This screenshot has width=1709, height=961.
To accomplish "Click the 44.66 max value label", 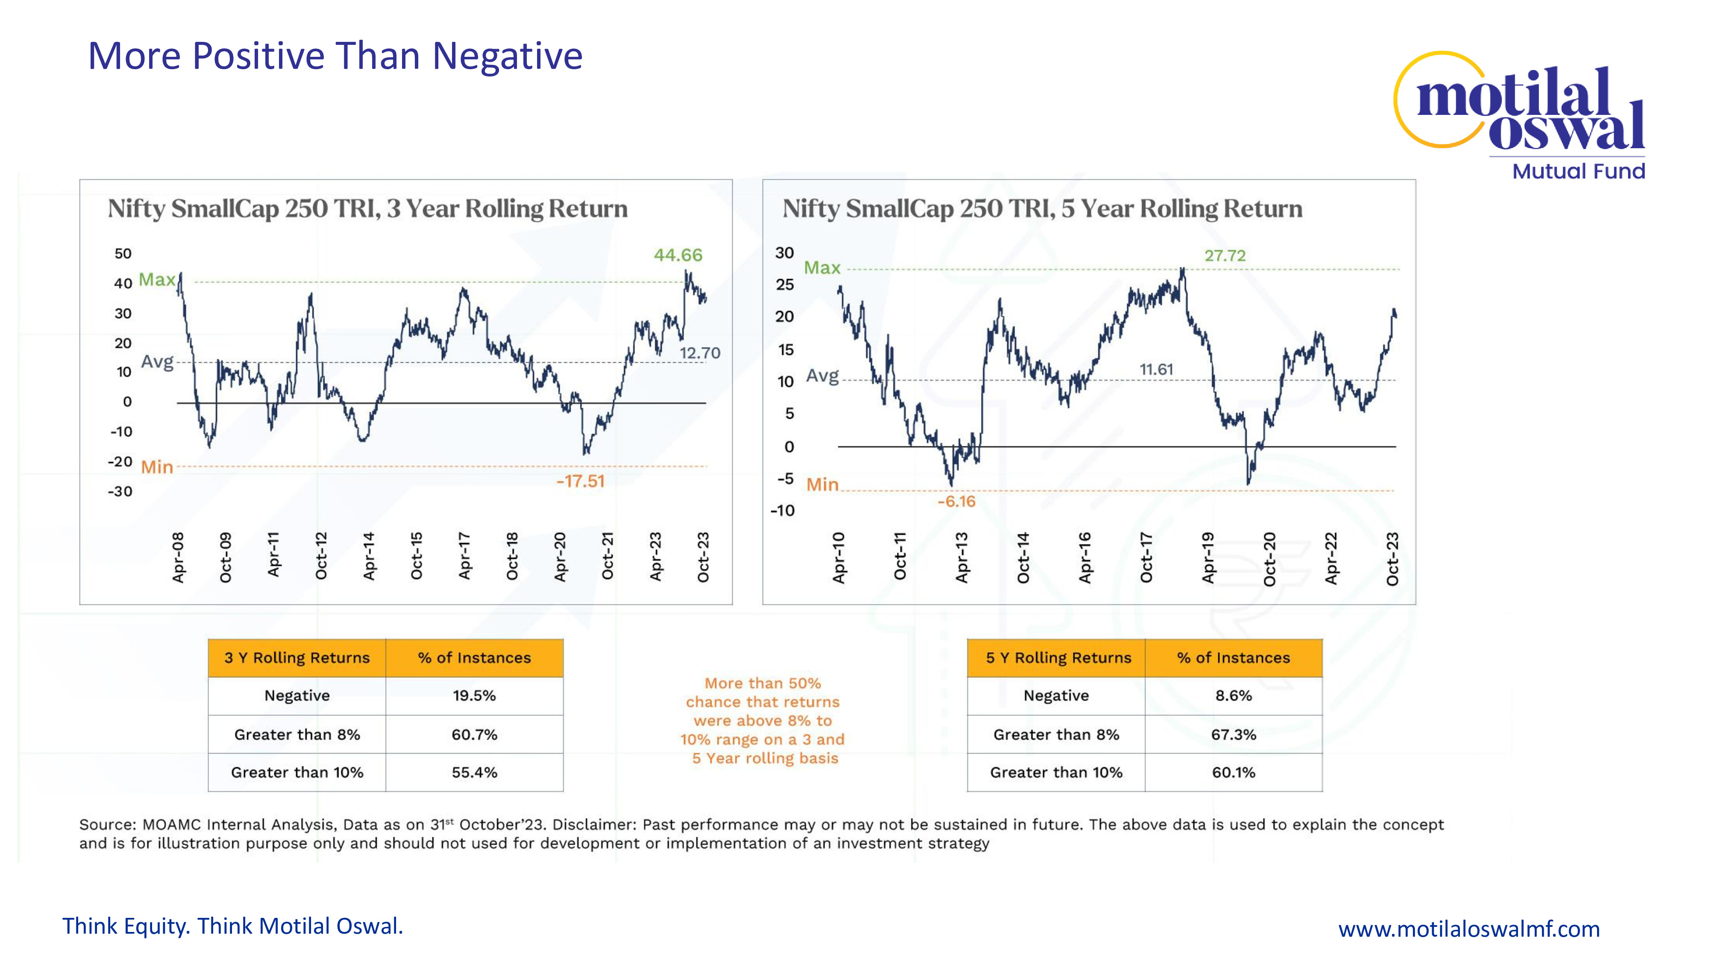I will pyautogui.click(x=677, y=255).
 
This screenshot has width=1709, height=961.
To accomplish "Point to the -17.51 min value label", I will pyautogui.click(x=581, y=481).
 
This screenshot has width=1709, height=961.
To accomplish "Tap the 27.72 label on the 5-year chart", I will pyautogui.click(x=1224, y=256).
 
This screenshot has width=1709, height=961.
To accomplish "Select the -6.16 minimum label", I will pyautogui.click(x=956, y=502).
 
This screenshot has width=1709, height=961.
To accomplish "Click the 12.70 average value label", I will pyautogui.click(x=699, y=353).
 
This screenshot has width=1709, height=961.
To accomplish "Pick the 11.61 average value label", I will pyautogui.click(x=1156, y=369).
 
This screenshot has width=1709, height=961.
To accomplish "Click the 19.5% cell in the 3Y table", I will pyautogui.click(x=474, y=696).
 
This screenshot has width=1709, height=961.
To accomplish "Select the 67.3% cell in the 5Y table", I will pyautogui.click(x=1233, y=735).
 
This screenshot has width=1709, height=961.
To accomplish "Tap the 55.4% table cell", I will pyautogui.click(x=474, y=773).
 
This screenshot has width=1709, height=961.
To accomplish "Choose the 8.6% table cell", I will pyautogui.click(x=1233, y=696).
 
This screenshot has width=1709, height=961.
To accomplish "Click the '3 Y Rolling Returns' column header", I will pyautogui.click(x=297, y=658).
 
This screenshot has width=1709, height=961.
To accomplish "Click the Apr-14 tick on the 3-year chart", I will pyautogui.click(x=369, y=557).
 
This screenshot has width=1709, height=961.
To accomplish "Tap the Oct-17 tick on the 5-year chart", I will pyautogui.click(x=1146, y=557).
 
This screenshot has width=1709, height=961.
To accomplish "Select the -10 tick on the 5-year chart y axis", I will pyautogui.click(x=782, y=511).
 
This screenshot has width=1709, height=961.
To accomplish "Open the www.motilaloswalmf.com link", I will pyautogui.click(x=1468, y=929).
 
